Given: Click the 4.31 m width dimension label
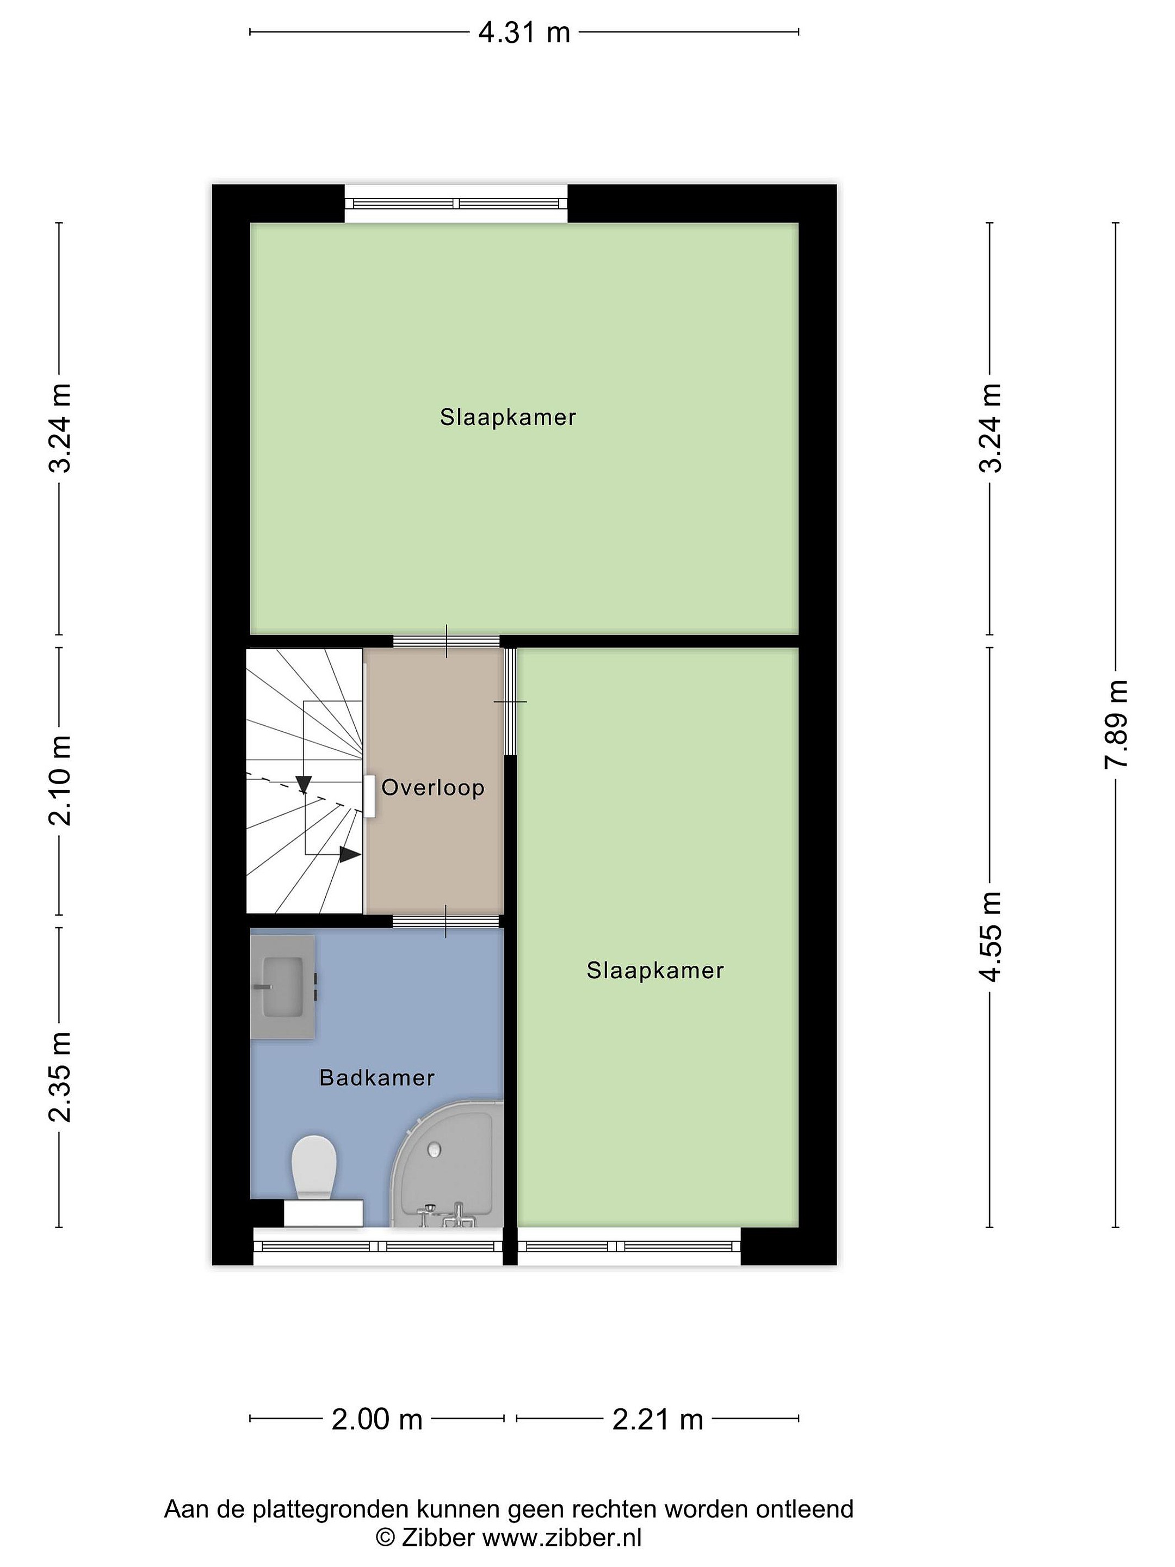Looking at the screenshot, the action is tap(524, 32).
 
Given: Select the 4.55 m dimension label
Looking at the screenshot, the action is tap(990, 936).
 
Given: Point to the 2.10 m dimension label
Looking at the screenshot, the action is tap(59, 780).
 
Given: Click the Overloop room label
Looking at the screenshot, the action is tap(433, 787).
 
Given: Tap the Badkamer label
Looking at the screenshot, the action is tap(377, 1077).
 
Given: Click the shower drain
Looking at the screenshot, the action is tap(434, 1149).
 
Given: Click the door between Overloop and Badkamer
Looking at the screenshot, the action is tap(446, 921).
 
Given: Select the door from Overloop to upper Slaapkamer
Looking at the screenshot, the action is tap(446, 641).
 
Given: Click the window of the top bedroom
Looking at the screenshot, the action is tap(456, 203).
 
